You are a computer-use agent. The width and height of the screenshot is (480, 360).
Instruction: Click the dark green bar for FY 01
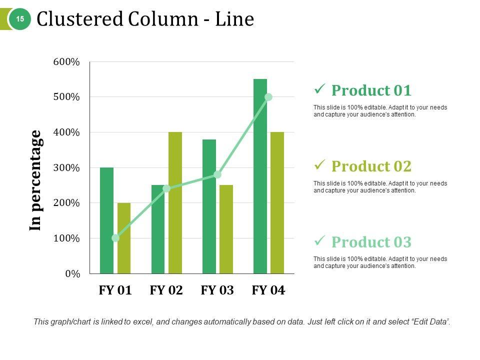coord(106,220)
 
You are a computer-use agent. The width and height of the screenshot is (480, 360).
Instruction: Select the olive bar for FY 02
coord(175,202)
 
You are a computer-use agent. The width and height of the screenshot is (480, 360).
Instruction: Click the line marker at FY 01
coord(115,238)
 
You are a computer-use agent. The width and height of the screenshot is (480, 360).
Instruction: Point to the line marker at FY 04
coord(268,97)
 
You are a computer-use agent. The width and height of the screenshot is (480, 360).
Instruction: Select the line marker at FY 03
coord(217,174)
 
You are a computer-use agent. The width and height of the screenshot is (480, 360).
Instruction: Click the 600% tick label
coord(66,62)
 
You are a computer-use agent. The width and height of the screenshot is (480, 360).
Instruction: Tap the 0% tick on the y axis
coord(72,273)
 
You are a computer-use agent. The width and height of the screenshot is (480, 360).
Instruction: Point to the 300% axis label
coord(66,167)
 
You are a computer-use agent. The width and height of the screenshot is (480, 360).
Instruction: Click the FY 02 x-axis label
coord(166,290)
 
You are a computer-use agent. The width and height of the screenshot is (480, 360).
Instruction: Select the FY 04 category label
coord(268,290)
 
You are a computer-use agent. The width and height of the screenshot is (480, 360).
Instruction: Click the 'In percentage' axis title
coord(35,180)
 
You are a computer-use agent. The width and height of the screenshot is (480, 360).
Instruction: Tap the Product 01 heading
coord(371,90)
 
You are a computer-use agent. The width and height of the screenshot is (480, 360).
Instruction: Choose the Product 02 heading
coord(371,166)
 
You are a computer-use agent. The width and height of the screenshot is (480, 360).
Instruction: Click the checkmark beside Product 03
coord(319,240)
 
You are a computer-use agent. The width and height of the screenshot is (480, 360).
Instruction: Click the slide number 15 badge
coord(20,19)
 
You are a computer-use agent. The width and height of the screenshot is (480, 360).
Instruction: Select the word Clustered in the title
coord(80,19)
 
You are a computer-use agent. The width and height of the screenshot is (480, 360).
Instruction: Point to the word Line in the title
coord(235,19)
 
